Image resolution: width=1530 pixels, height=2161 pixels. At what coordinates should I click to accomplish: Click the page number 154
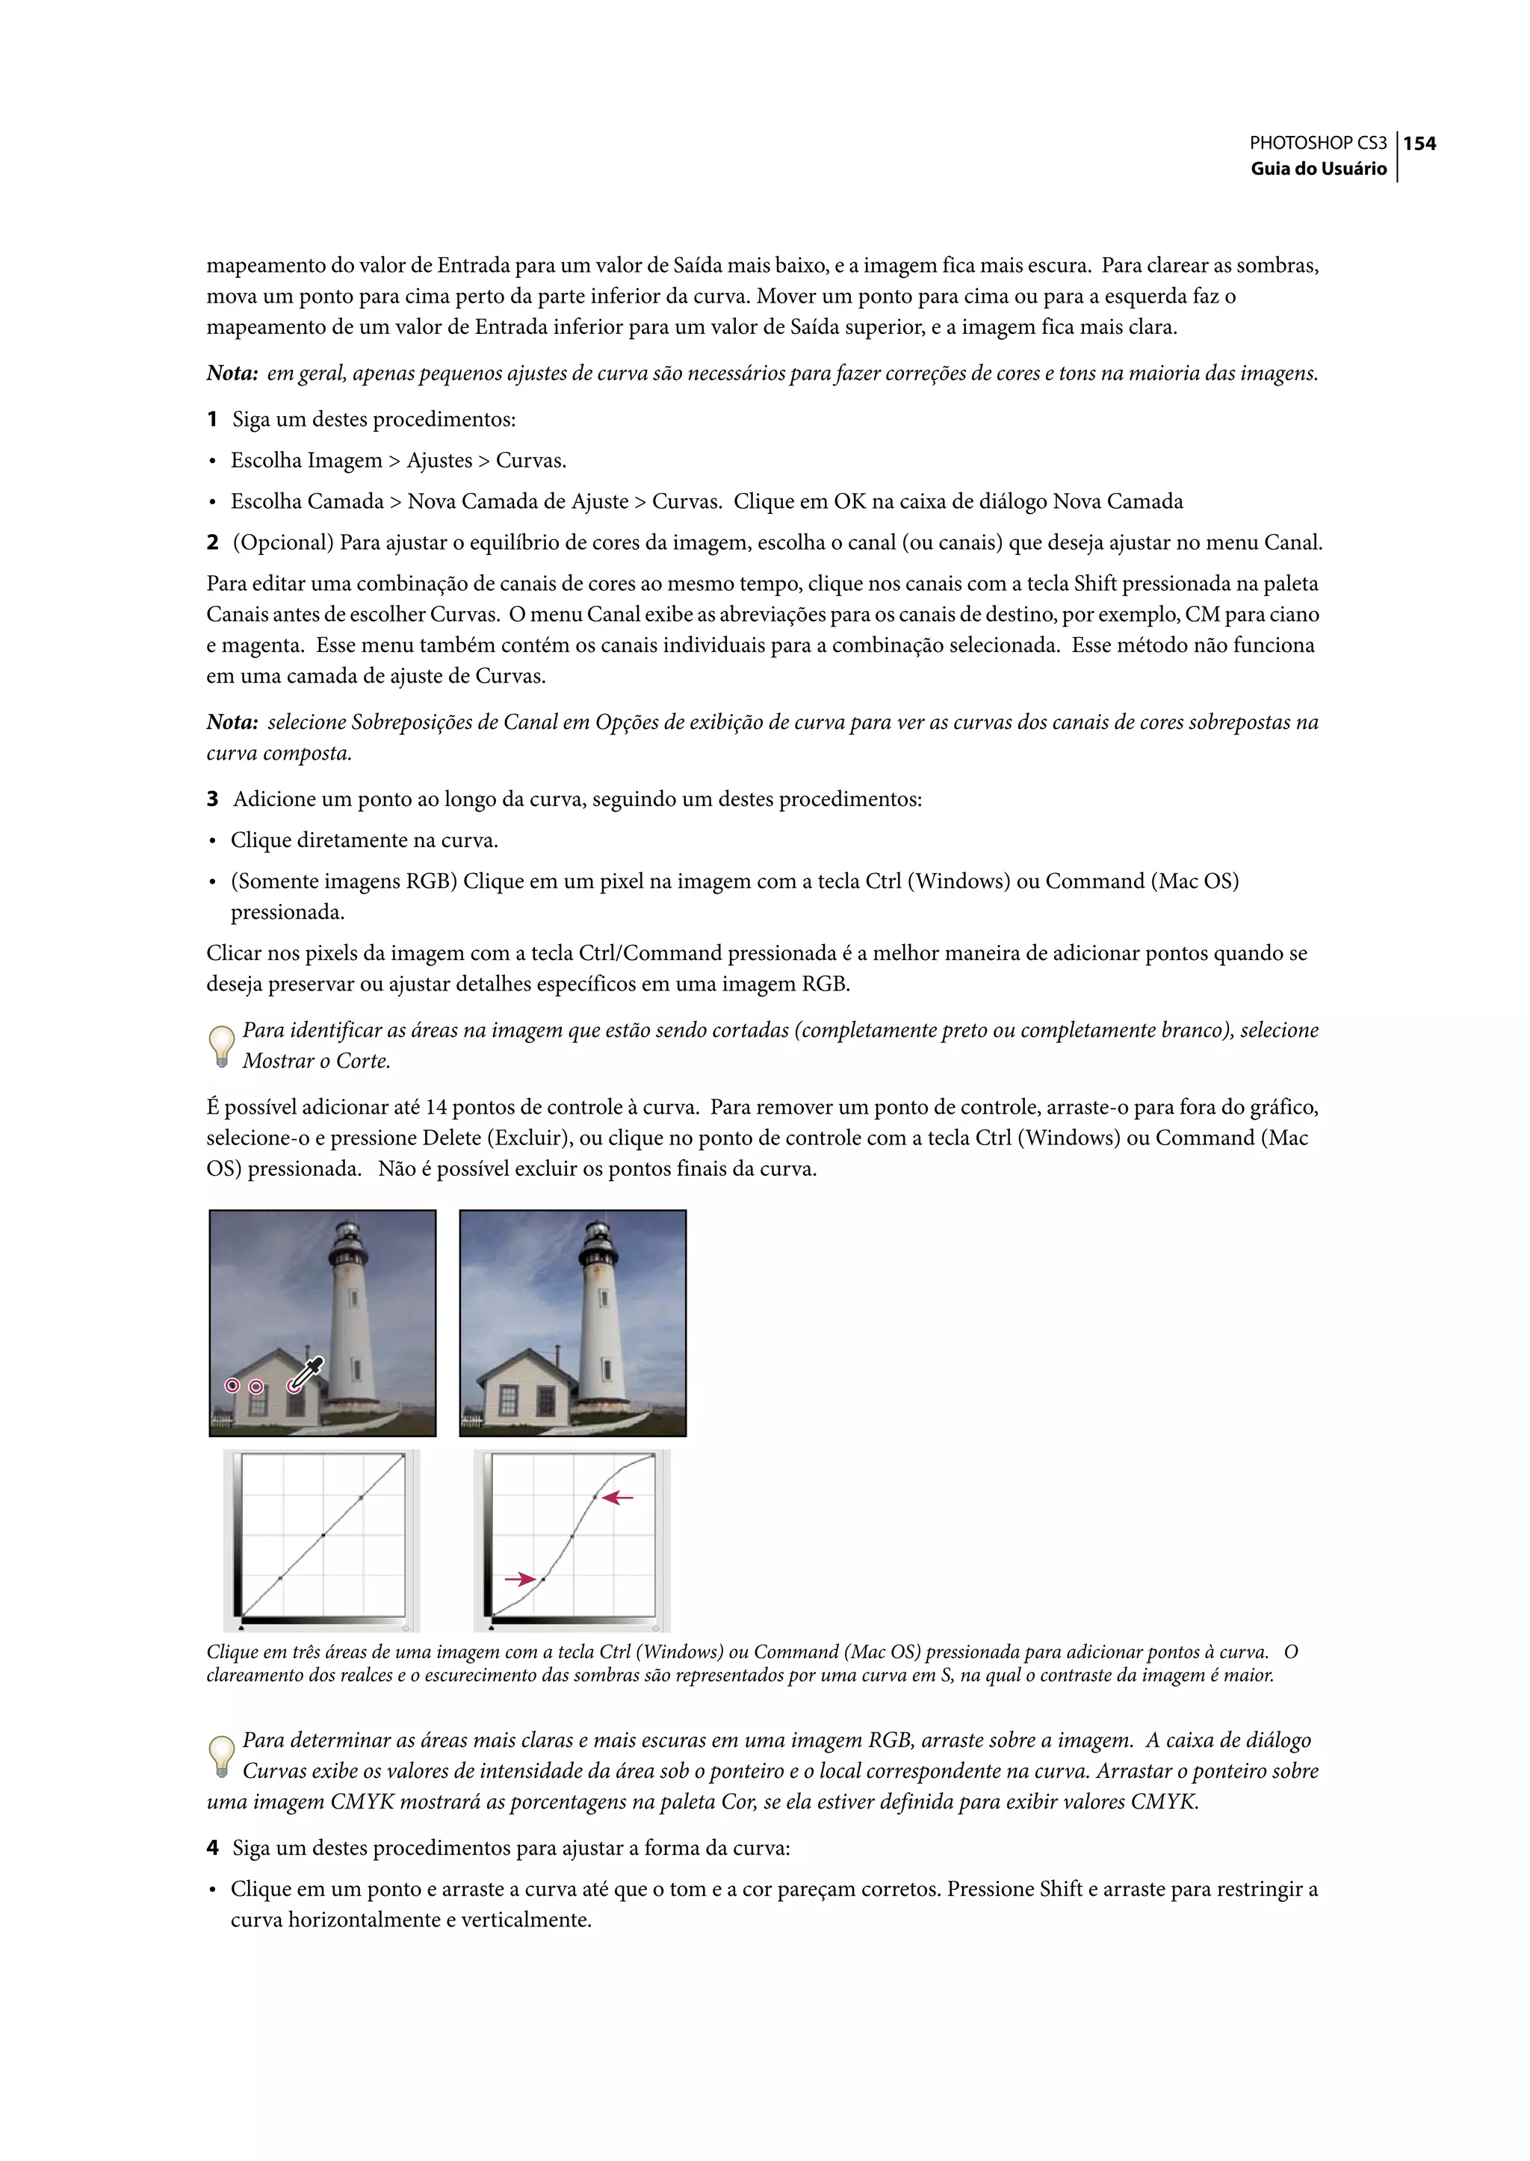coord(1419,143)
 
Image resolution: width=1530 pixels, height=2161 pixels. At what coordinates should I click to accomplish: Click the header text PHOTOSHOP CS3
coord(1317,143)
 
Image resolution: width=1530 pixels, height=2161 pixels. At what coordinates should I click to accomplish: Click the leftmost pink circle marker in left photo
coord(232,1385)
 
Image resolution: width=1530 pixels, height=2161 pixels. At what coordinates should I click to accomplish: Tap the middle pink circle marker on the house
coord(255,1386)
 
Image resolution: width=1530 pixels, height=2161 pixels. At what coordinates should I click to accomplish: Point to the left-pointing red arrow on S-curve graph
coord(618,1497)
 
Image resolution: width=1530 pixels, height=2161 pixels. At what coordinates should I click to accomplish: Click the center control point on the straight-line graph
coord(323,1536)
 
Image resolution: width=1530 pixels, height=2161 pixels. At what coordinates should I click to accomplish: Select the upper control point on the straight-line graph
coord(361,1497)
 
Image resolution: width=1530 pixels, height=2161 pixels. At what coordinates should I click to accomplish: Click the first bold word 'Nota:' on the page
coord(232,374)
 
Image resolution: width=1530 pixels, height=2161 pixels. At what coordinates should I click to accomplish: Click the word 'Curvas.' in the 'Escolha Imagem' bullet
coord(530,461)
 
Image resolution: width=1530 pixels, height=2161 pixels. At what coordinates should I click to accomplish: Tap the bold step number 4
coord(213,1848)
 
